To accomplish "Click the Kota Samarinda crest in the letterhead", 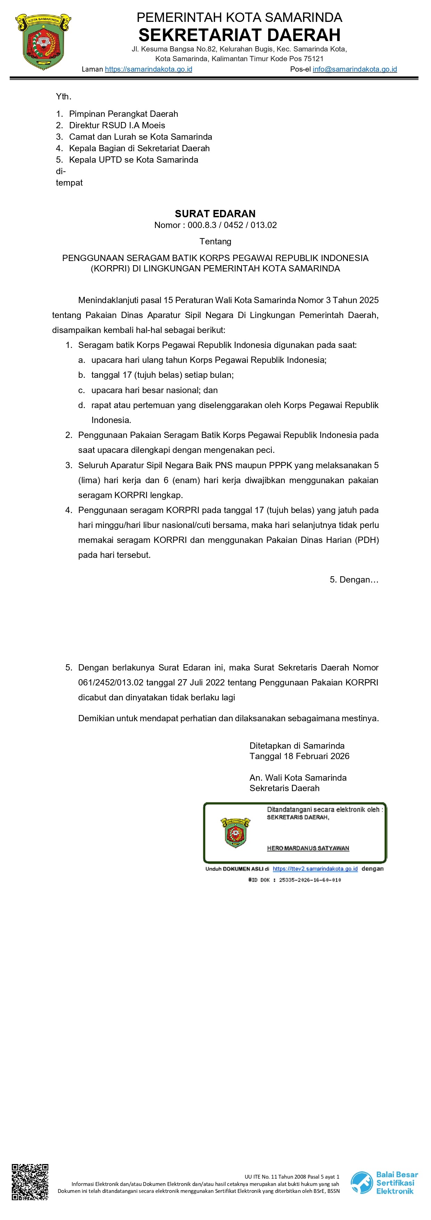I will click(43, 42).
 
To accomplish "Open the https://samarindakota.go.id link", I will click(148, 69).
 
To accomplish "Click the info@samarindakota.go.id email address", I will click(355, 69).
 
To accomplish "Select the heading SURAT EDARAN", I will click(215, 214).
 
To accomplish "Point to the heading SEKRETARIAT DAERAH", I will click(239, 35).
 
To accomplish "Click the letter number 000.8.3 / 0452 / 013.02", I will click(232, 225).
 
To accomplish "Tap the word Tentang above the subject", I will click(215, 242).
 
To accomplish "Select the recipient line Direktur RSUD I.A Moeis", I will click(117, 125).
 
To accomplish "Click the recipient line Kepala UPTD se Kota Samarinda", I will click(133, 160).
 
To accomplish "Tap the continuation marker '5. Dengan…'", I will click(354, 580).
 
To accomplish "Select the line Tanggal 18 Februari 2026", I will click(299, 756).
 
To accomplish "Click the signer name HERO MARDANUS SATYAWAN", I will click(308, 848).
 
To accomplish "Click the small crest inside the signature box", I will click(235, 832).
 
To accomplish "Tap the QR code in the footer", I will click(30, 1182).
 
